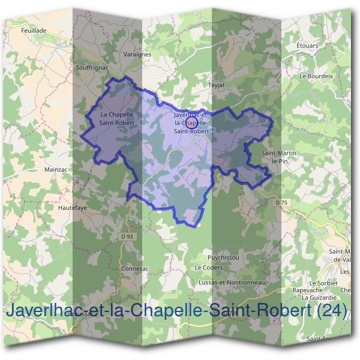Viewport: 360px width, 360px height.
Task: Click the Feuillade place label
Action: click(33, 29)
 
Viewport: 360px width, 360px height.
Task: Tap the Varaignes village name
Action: click(139, 54)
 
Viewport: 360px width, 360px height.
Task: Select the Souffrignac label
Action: click(92, 68)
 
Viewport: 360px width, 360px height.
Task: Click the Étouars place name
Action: click(307, 46)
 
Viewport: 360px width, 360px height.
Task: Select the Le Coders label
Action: click(209, 268)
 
